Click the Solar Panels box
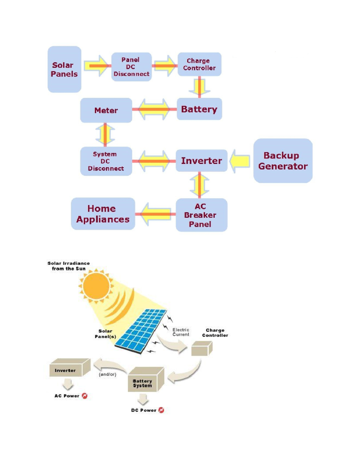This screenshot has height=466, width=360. (64, 69)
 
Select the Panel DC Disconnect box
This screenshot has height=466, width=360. (131, 67)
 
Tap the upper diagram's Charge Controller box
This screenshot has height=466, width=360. (199, 64)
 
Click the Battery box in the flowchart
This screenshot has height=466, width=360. (199, 109)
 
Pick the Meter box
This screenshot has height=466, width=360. (106, 110)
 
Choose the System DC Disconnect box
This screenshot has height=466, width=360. (106, 161)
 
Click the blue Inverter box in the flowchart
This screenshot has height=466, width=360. (201, 161)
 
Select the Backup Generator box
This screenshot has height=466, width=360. (283, 161)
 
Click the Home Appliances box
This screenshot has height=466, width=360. (103, 214)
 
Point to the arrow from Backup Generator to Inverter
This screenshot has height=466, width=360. (240, 161)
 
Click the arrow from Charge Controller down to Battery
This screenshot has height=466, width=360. (199, 87)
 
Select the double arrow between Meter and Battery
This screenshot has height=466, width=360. (154, 109)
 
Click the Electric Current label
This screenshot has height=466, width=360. (181, 332)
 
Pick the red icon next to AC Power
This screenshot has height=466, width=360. (85, 396)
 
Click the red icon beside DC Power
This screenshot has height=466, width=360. (161, 410)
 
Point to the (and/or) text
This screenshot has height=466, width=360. (107, 374)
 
